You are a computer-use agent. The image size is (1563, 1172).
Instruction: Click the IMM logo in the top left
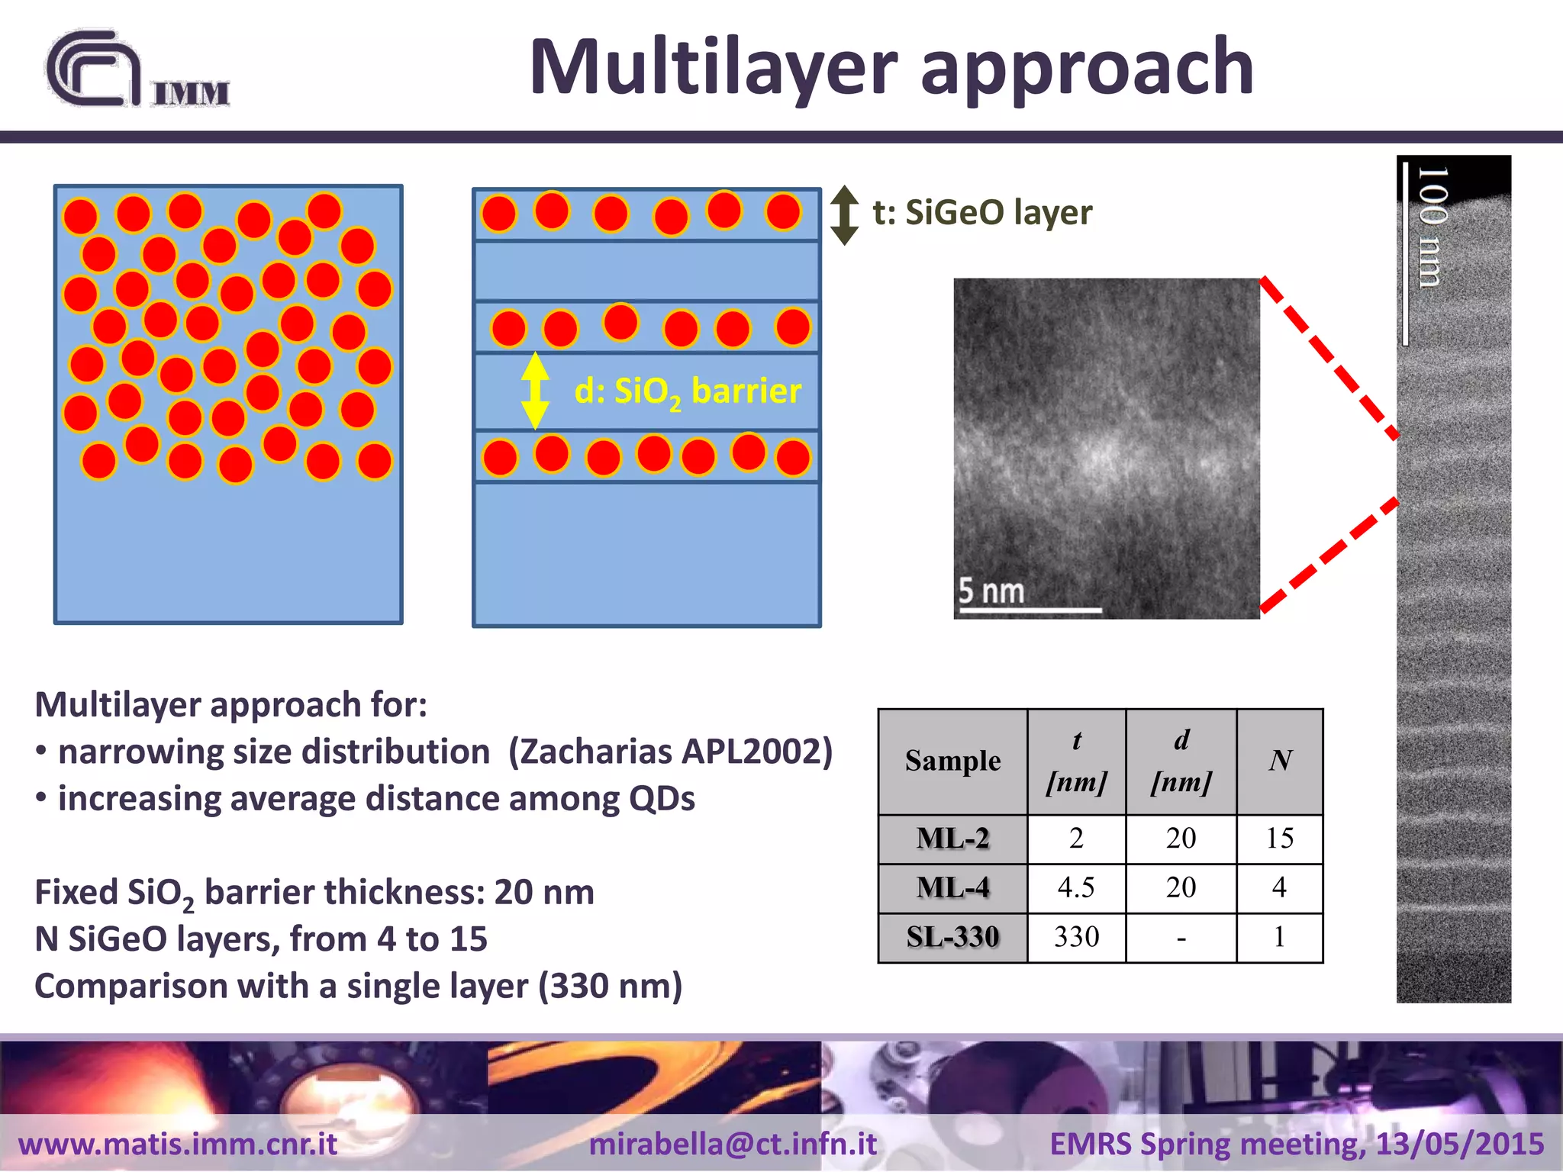[137, 70]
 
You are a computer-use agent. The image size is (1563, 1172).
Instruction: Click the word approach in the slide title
[1087, 69]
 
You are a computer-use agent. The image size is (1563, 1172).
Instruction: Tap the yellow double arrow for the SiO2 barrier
[535, 391]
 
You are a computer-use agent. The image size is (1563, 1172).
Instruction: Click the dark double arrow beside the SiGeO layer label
[844, 215]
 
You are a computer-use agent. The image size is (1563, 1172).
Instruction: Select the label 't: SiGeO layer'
[982, 212]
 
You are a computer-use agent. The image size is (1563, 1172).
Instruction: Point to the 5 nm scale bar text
[991, 591]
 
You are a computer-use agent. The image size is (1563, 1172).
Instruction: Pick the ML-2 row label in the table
[952, 839]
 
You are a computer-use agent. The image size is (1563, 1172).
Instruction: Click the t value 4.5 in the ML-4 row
[1076, 887]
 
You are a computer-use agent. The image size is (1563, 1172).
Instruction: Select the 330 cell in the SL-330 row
[1076, 936]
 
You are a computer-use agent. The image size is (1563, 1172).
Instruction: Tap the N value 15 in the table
[1279, 839]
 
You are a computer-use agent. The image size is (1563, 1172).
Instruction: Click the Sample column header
[952, 761]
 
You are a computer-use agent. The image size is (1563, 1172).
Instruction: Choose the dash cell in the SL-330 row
[1181, 938]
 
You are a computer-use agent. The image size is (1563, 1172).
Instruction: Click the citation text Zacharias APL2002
[670, 752]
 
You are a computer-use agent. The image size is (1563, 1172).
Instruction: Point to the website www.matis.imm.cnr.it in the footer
[178, 1144]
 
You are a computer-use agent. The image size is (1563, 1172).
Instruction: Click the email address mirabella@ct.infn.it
[733, 1144]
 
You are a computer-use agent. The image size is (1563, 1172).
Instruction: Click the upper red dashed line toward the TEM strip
[1329, 357]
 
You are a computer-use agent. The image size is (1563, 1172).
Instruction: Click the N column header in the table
[1279, 761]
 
